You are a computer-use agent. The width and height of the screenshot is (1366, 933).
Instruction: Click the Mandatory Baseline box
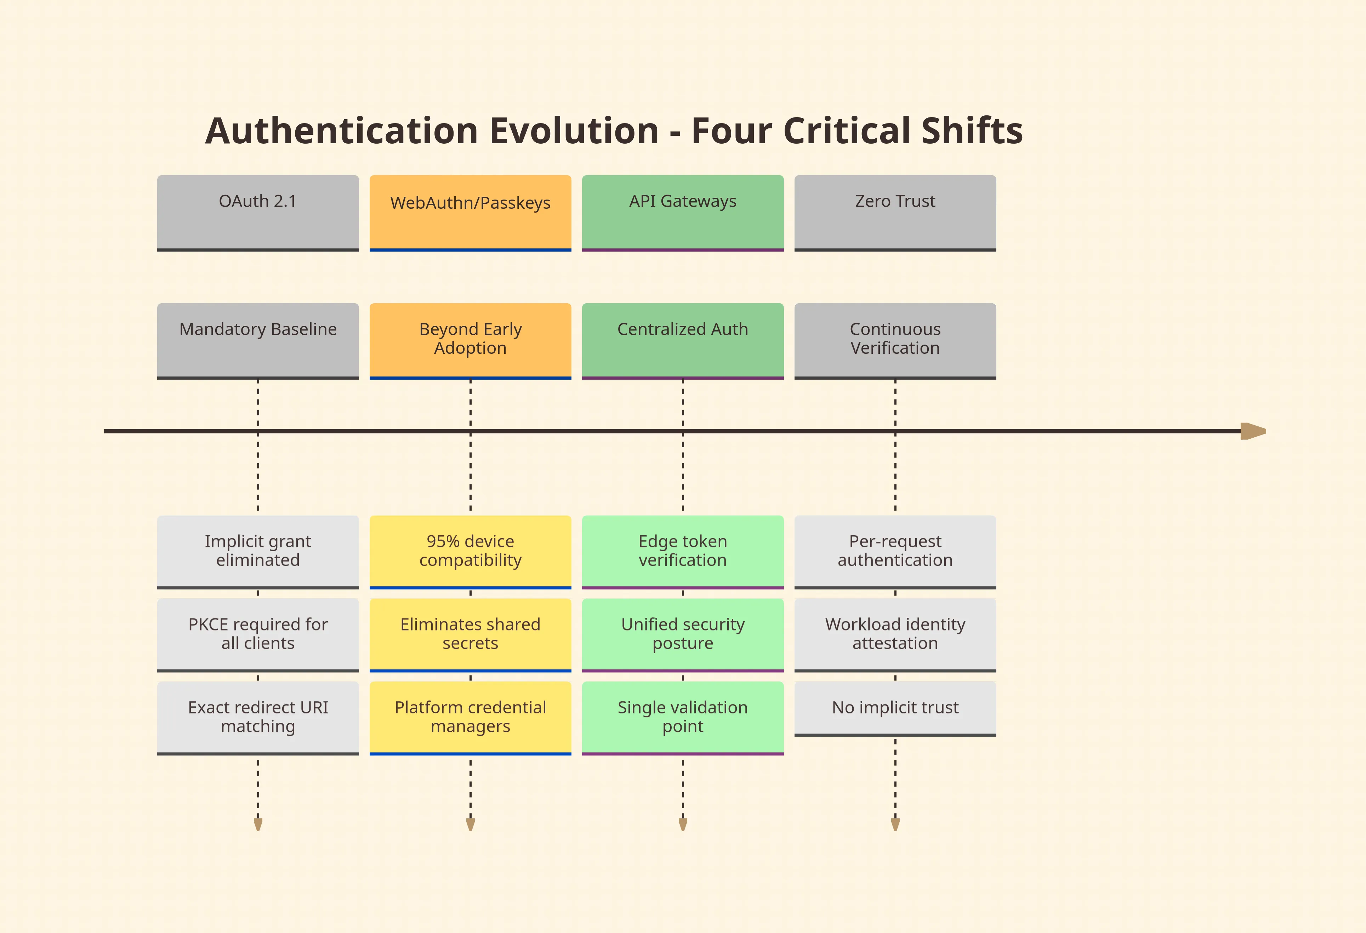(x=258, y=340)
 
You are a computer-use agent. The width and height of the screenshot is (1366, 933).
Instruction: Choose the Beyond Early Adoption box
(x=470, y=340)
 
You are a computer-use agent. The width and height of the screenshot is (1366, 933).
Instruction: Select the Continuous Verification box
(x=895, y=340)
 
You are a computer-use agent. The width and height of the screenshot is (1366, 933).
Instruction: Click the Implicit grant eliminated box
(x=258, y=551)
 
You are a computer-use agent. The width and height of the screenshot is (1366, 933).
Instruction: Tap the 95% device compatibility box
(x=470, y=551)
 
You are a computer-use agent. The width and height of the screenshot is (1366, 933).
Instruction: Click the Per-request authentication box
(x=895, y=551)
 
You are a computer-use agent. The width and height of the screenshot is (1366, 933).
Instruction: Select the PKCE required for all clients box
(x=258, y=634)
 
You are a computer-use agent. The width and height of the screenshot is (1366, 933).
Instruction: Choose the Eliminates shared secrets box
(x=470, y=634)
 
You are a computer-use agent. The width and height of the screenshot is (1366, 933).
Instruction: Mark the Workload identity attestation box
(x=895, y=634)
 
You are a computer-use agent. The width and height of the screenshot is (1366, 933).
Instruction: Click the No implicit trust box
(x=895, y=708)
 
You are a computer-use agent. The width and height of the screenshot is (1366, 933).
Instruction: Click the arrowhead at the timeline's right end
(x=1253, y=431)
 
